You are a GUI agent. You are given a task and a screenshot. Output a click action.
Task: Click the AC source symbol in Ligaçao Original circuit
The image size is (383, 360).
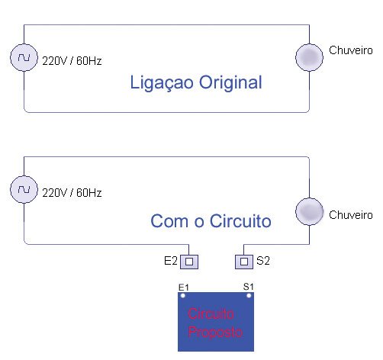click(24, 57)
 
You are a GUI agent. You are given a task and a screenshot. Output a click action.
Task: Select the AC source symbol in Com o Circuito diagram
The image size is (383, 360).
click(24, 189)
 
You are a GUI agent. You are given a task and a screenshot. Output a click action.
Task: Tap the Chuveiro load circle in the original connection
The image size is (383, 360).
click(309, 57)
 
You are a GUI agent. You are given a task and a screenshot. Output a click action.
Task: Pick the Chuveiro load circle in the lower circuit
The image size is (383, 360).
click(309, 211)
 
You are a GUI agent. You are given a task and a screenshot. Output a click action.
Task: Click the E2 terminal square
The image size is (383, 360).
click(189, 262)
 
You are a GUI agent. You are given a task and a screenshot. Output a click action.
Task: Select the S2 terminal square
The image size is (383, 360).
click(244, 262)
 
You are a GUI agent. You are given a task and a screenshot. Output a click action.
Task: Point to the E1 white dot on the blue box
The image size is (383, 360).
click(183, 295)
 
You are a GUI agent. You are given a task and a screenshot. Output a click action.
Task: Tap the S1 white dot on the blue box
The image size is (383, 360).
click(249, 295)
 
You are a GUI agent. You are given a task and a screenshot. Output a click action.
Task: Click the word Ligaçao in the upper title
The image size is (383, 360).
click(162, 83)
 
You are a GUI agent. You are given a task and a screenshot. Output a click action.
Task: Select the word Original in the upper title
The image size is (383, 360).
click(230, 83)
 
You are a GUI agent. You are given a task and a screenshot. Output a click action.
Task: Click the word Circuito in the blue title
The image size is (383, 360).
click(240, 221)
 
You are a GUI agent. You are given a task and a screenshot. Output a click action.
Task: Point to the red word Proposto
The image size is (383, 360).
click(215, 333)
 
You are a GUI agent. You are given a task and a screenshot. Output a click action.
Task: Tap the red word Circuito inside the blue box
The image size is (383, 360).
click(211, 313)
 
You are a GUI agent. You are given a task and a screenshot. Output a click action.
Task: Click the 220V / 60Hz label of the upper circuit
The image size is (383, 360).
click(72, 61)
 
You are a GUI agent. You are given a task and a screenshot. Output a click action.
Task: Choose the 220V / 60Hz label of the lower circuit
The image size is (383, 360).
click(72, 193)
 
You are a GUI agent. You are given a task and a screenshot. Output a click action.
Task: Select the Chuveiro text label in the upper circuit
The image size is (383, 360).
click(351, 50)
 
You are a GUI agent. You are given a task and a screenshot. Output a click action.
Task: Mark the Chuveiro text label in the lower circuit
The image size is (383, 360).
click(351, 215)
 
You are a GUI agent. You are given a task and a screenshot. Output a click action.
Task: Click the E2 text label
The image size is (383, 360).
click(171, 261)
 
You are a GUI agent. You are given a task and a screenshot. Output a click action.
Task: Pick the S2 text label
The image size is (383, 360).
click(263, 261)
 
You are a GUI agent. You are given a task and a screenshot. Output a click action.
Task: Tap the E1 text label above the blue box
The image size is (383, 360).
click(184, 288)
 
